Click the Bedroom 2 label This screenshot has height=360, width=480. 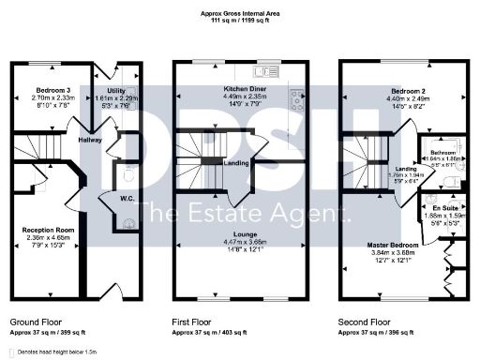(409, 91)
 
